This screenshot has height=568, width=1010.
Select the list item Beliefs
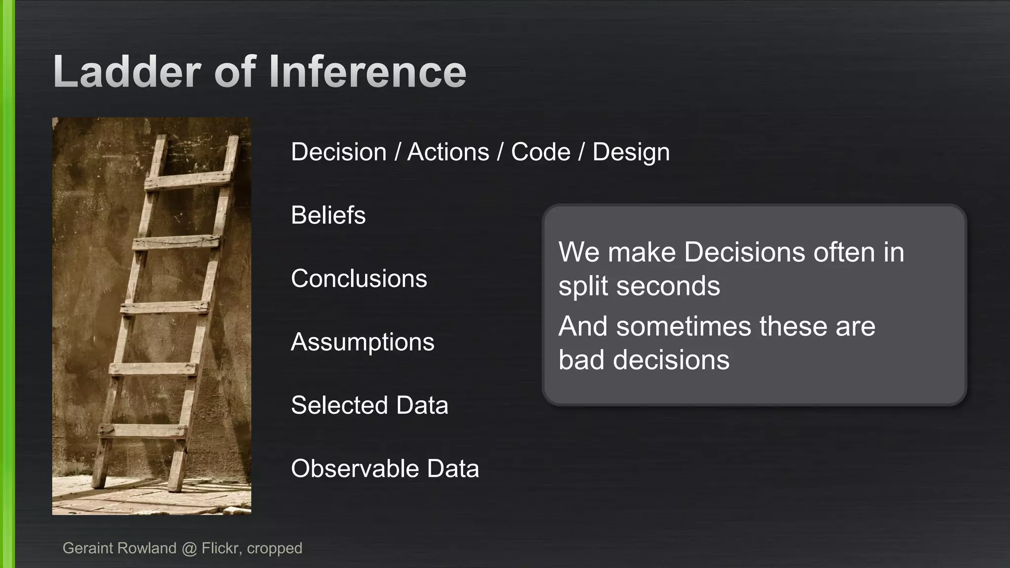click(328, 215)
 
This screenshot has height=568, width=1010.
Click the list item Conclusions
click(359, 279)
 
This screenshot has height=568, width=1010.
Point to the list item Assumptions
click(362, 342)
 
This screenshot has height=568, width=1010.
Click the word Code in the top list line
click(541, 152)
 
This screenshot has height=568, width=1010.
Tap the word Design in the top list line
click(631, 153)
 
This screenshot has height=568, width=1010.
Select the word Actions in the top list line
click(448, 152)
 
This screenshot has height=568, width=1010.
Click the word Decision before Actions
click(339, 152)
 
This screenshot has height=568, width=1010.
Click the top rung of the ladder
click(187, 180)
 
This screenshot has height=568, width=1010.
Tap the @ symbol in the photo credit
click(189, 548)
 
